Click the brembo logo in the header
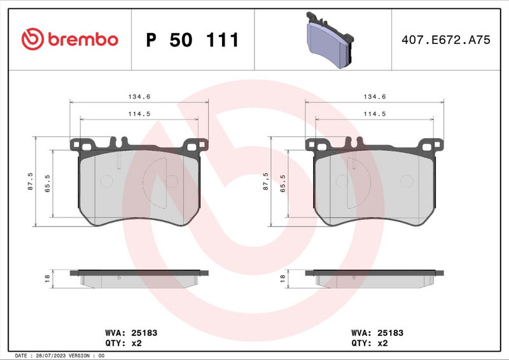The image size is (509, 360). [x=70, y=39]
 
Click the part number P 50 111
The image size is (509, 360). [x=192, y=40]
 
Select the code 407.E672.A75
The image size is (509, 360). [x=445, y=40]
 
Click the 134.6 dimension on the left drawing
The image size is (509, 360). [x=139, y=97]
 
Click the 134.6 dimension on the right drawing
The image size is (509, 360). [x=375, y=97]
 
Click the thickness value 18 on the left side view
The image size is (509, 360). [x=47, y=279]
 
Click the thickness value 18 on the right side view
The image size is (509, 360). [x=282, y=279]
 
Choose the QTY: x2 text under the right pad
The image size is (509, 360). [x=370, y=342]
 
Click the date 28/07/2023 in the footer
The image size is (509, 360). [x=49, y=356]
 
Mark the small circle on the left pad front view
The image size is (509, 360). [x=106, y=181]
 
